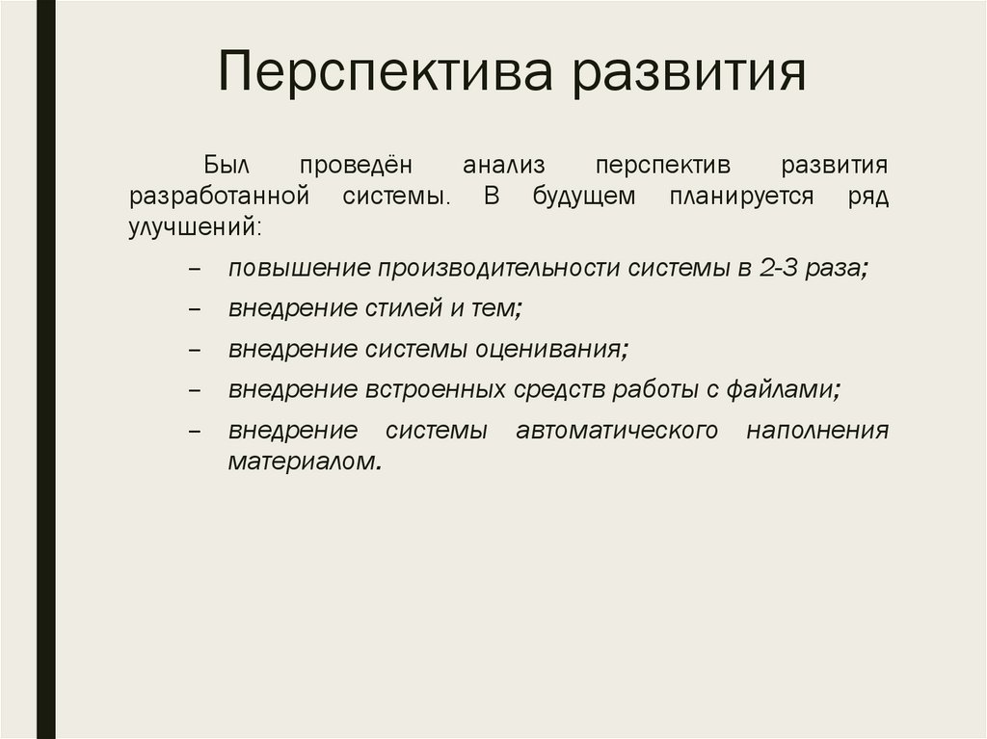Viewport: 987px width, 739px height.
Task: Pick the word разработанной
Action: [218, 197]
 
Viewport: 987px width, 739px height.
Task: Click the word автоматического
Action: [617, 430]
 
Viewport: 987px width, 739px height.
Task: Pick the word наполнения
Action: [816, 430]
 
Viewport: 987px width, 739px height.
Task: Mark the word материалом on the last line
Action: [300, 462]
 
